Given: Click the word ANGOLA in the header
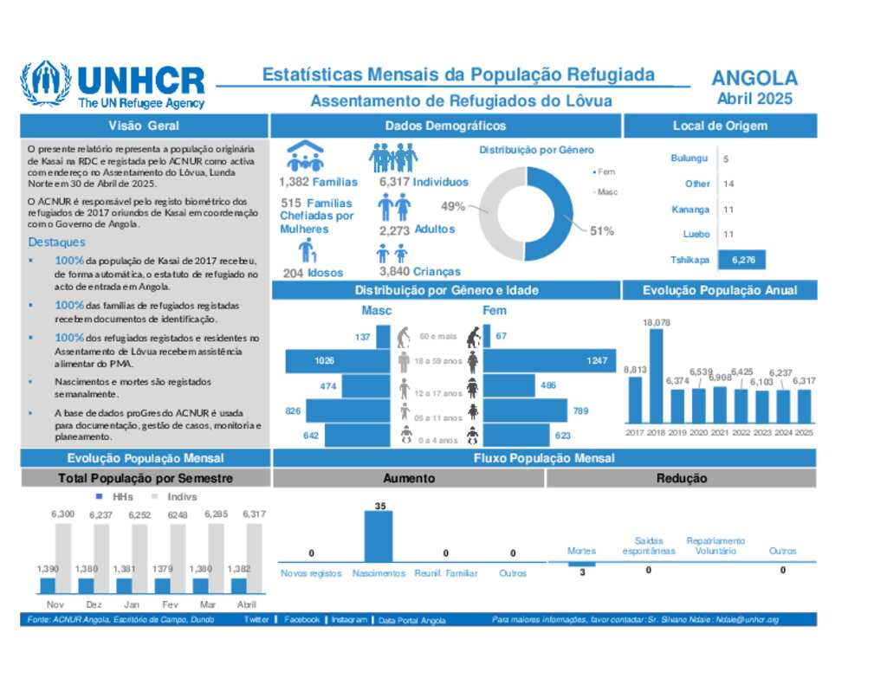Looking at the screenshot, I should pyautogui.click(x=754, y=78).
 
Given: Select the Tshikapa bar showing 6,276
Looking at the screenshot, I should pyautogui.click(x=742, y=260).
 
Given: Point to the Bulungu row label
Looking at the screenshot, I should pyautogui.click(x=690, y=158).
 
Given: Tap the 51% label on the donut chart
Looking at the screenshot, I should pyautogui.click(x=602, y=231).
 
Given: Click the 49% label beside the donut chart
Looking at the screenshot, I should pyautogui.click(x=453, y=207).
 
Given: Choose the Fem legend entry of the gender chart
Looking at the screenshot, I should pyautogui.click(x=605, y=172).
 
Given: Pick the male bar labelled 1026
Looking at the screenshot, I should pyautogui.click(x=337, y=360).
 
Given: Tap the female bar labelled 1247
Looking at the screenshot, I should pyautogui.click(x=549, y=360).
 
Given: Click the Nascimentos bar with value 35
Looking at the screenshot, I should pyautogui.click(x=379, y=538).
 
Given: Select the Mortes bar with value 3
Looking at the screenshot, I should pyautogui.click(x=581, y=565).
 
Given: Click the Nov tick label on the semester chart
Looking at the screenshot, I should pyautogui.click(x=55, y=604).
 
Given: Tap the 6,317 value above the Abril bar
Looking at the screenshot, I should pyautogui.click(x=254, y=514).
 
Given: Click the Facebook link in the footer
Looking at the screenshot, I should pyautogui.click(x=301, y=620).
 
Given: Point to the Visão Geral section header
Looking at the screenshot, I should pyautogui.click(x=144, y=126).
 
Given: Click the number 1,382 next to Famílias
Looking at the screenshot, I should pyautogui.click(x=294, y=182).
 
